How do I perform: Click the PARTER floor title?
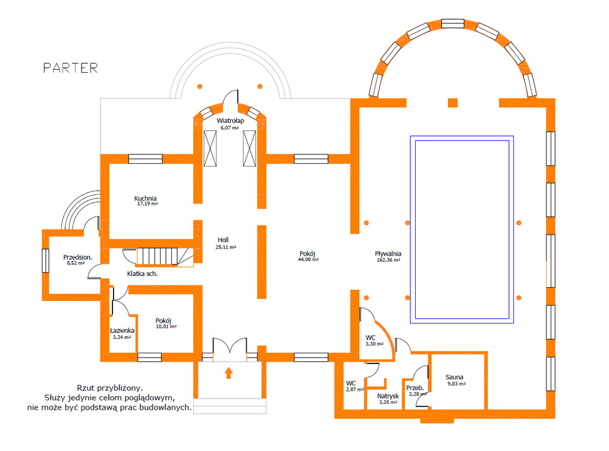click(x=70, y=68)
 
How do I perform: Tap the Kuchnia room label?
click(x=145, y=198)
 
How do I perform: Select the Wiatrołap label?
click(x=230, y=120)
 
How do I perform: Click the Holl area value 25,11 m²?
click(x=225, y=247)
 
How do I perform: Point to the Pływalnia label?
click(x=388, y=254)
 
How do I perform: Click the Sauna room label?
click(x=454, y=377)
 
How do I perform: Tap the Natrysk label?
click(x=388, y=396)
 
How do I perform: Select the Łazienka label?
click(x=122, y=331)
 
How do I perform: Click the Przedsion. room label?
click(x=78, y=257)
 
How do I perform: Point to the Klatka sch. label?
click(x=142, y=273)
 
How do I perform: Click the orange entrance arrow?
click(x=228, y=373)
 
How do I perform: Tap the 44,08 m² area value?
click(x=309, y=260)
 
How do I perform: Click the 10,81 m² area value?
click(x=167, y=327)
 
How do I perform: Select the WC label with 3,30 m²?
click(x=371, y=338)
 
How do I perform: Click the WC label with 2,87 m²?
click(x=351, y=383)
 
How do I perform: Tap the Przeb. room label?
click(x=415, y=388)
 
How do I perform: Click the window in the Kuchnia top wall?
click(x=146, y=158)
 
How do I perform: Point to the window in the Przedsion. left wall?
click(x=45, y=261)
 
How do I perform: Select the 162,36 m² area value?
click(x=388, y=260)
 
